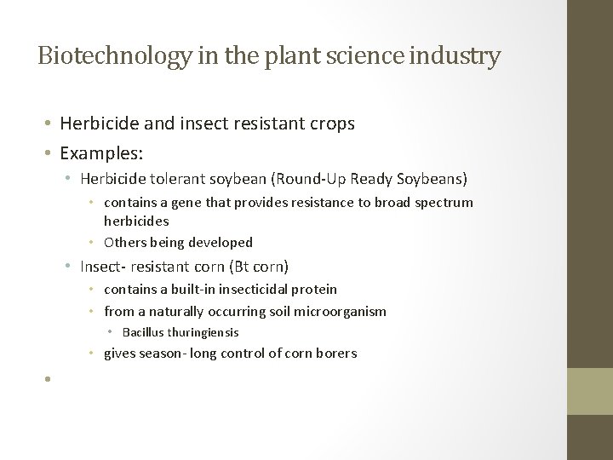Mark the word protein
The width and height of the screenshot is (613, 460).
[x=314, y=290]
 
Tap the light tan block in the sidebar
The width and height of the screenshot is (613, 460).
[x=590, y=392]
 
